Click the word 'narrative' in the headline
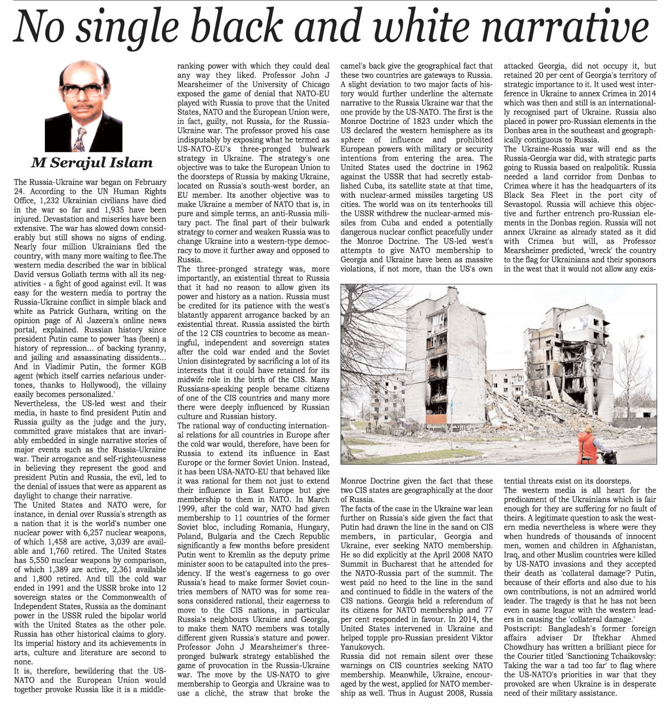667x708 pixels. pyautogui.click(x=568, y=27)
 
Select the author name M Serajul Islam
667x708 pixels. pyautogui.click(x=92, y=163)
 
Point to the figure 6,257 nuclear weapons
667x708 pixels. pyautogui.click(x=104, y=532)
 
